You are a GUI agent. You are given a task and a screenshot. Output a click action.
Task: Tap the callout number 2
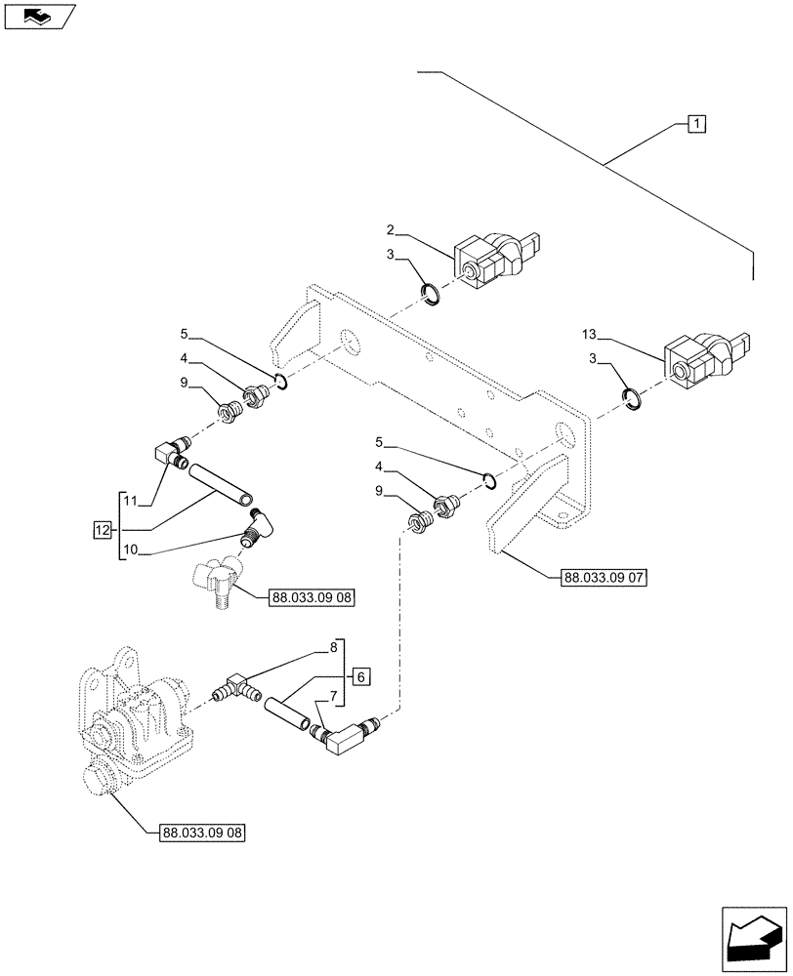[390, 230]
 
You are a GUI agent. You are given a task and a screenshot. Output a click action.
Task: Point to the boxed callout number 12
[103, 530]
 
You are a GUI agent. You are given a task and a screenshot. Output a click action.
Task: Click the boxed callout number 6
[359, 676]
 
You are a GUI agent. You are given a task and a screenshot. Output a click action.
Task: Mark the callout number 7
[333, 697]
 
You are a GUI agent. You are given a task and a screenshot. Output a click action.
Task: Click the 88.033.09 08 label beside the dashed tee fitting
[309, 596]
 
